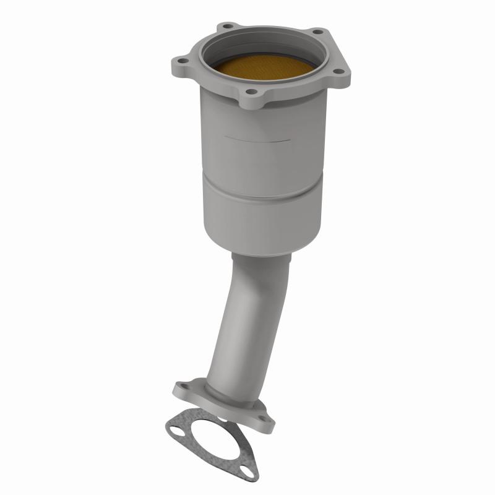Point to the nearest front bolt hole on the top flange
[x=251, y=93]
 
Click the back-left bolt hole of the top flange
[x=229, y=27]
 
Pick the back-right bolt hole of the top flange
[x=317, y=32]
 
